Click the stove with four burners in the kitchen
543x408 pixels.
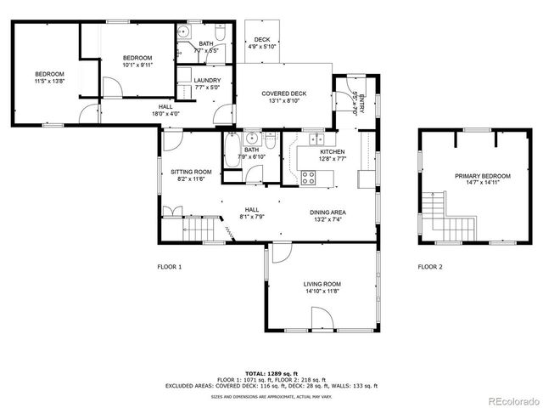point(309,178)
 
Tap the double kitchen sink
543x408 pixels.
point(315,139)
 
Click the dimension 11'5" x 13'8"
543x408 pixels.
point(49,82)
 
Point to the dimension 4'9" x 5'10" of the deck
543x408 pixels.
point(260,47)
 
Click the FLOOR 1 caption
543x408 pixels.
point(169,267)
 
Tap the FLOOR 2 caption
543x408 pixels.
point(429,267)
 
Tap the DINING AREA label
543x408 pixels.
point(327,212)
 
